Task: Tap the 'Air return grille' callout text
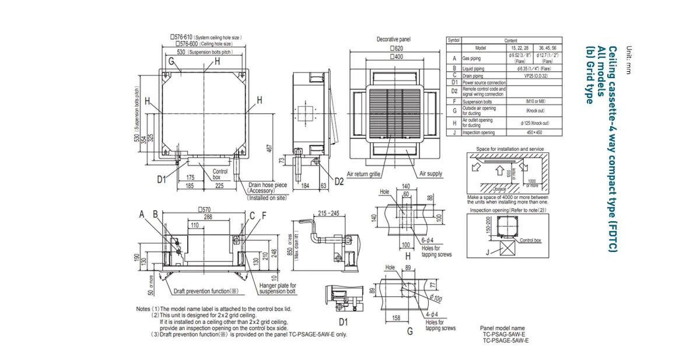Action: [x=364, y=174]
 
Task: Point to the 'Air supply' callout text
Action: [x=430, y=174]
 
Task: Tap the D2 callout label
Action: [x=339, y=181]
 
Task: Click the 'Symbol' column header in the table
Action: [x=454, y=40]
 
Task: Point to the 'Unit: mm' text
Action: [x=628, y=60]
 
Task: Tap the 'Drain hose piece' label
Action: [x=267, y=185]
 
